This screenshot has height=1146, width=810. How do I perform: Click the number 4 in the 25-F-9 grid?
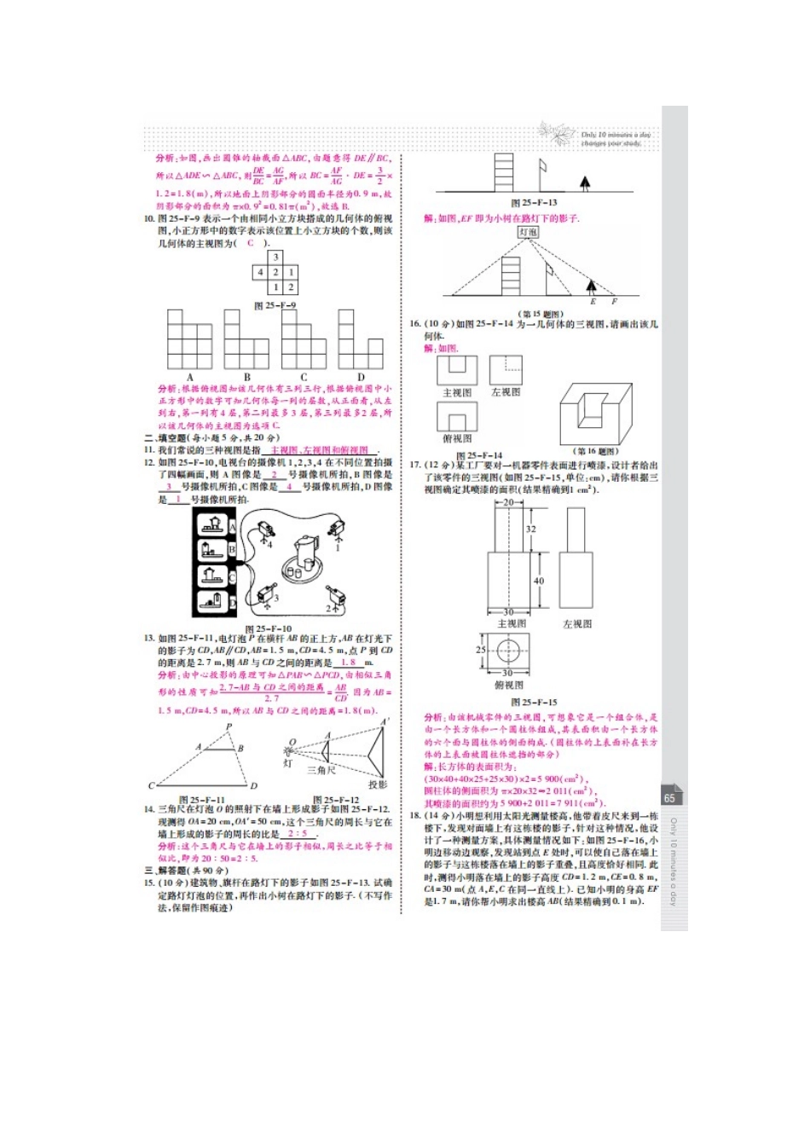(x=261, y=273)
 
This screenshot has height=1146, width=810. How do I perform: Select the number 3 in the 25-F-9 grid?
(x=275, y=258)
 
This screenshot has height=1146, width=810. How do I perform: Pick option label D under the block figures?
(x=361, y=377)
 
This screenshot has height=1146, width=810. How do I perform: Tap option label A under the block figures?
(x=190, y=377)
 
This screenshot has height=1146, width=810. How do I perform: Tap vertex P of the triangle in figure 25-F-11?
(x=229, y=727)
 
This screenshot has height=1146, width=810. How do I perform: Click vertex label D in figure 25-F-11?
(x=253, y=785)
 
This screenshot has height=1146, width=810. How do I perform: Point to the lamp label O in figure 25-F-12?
(x=292, y=742)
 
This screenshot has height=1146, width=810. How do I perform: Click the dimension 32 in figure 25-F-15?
(x=530, y=529)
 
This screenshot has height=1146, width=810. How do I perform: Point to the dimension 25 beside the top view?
(x=481, y=651)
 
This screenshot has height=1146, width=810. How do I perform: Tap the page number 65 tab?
(x=669, y=798)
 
